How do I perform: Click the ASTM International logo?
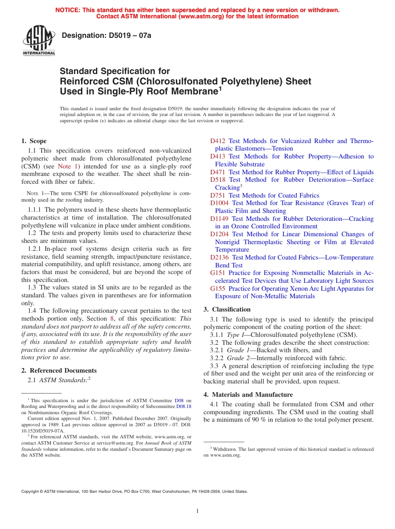coord(39,40)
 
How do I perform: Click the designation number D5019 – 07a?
coord(106,35)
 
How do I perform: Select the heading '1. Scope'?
coord(34,141)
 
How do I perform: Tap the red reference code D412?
coord(217,141)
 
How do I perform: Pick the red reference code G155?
coord(217,289)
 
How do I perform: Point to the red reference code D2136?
coord(219,257)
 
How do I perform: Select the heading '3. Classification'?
coord(227,309)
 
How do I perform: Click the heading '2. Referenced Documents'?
coord(59,371)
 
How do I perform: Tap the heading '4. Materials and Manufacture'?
coord(248,395)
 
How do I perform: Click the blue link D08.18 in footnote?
coord(184,406)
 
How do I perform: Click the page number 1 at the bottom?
coord(197,511)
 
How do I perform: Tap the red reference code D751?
coord(217,195)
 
